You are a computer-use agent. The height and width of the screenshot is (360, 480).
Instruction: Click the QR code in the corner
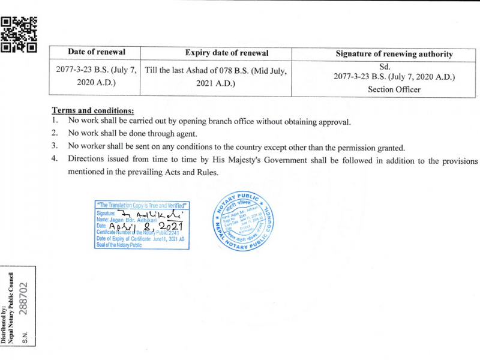click(x=19, y=34)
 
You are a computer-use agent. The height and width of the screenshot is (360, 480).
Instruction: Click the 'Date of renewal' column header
click(x=96, y=52)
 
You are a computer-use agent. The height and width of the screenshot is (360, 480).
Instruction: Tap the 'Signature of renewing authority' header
click(x=394, y=54)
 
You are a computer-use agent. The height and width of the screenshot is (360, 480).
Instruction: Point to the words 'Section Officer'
click(x=394, y=89)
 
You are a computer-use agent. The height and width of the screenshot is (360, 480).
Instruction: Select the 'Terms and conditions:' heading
click(x=92, y=110)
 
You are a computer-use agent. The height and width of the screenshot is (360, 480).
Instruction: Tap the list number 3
click(x=54, y=146)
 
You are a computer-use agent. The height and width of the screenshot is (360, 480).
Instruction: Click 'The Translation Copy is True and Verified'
click(x=142, y=205)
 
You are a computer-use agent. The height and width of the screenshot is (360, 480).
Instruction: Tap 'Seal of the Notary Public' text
click(x=119, y=245)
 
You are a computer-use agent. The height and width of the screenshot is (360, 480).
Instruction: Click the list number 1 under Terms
click(x=54, y=121)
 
